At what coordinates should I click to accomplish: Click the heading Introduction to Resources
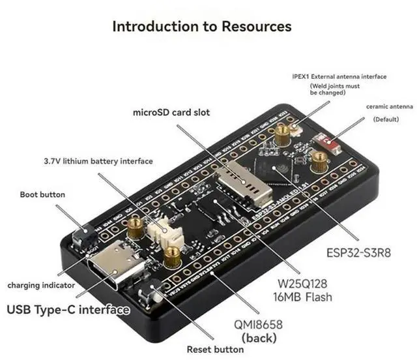pos(202,26)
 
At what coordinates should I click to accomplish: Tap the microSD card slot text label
pos(171,112)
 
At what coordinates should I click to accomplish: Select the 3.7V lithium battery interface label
pos(98,161)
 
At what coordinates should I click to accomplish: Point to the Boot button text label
pos(43,194)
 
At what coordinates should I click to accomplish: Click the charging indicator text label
pos(35,285)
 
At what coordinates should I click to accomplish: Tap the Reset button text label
pos(215,349)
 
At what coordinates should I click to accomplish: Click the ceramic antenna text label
pos(389,106)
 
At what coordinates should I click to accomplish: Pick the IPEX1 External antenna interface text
pos(339,76)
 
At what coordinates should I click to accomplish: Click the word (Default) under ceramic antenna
pos(387,120)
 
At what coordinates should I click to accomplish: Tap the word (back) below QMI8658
pos(259,338)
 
